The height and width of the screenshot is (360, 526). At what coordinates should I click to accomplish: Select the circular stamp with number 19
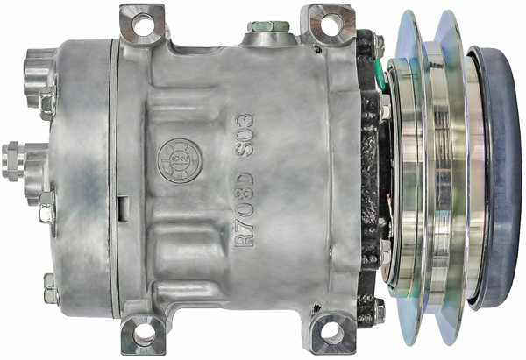click(171, 159)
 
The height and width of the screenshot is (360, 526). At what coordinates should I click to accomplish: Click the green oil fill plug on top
click(267, 27)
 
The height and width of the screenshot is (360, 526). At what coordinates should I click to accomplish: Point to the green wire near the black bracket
click(383, 74)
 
